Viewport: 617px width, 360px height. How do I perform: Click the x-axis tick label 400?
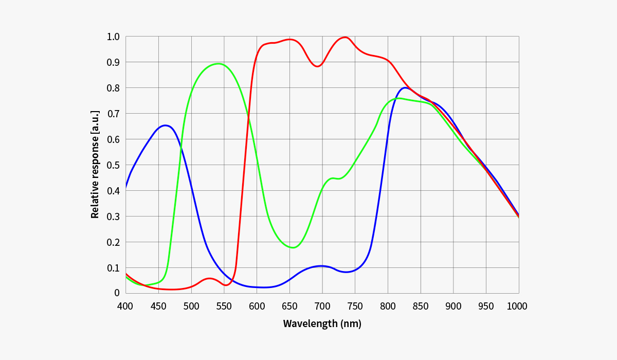pyautogui.click(x=125, y=307)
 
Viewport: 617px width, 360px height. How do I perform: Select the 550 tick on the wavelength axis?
pyautogui.click(x=224, y=307)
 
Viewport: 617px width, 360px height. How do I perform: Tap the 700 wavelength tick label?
pyautogui.click(x=322, y=307)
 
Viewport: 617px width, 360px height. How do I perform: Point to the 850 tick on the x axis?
pyautogui.click(x=421, y=307)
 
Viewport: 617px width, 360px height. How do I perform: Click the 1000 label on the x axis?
pyautogui.click(x=517, y=307)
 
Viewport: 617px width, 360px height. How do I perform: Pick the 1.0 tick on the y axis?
pyautogui.click(x=113, y=37)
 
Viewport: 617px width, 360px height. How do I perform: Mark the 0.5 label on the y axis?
pyautogui.click(x=113, y=165)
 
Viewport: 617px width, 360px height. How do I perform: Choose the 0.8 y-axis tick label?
pyautogui.click(x=113, y=88)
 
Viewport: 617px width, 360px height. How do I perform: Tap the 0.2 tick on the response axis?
pyautogui.click(x=113, y=242)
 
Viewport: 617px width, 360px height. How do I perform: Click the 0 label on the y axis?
pyautogui.click(x=117, y=293)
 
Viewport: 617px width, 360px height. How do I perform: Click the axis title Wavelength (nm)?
pyautogui.click(x=322, y=324)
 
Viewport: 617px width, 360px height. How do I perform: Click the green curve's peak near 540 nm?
pyautogui.click(x=218, y=64)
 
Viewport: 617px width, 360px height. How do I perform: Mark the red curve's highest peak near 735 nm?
pyautogui.click(x=344, y=37)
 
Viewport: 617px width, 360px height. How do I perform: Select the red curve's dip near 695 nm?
pyautogui.click(x=318, y=66)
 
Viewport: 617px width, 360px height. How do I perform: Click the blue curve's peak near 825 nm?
pyautogui.click(x=405, y=87)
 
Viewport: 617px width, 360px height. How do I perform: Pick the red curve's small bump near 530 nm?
pyautogui.click(x=209, y=278)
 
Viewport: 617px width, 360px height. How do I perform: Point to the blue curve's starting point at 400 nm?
pyautogui.click(x=126, y=187)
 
